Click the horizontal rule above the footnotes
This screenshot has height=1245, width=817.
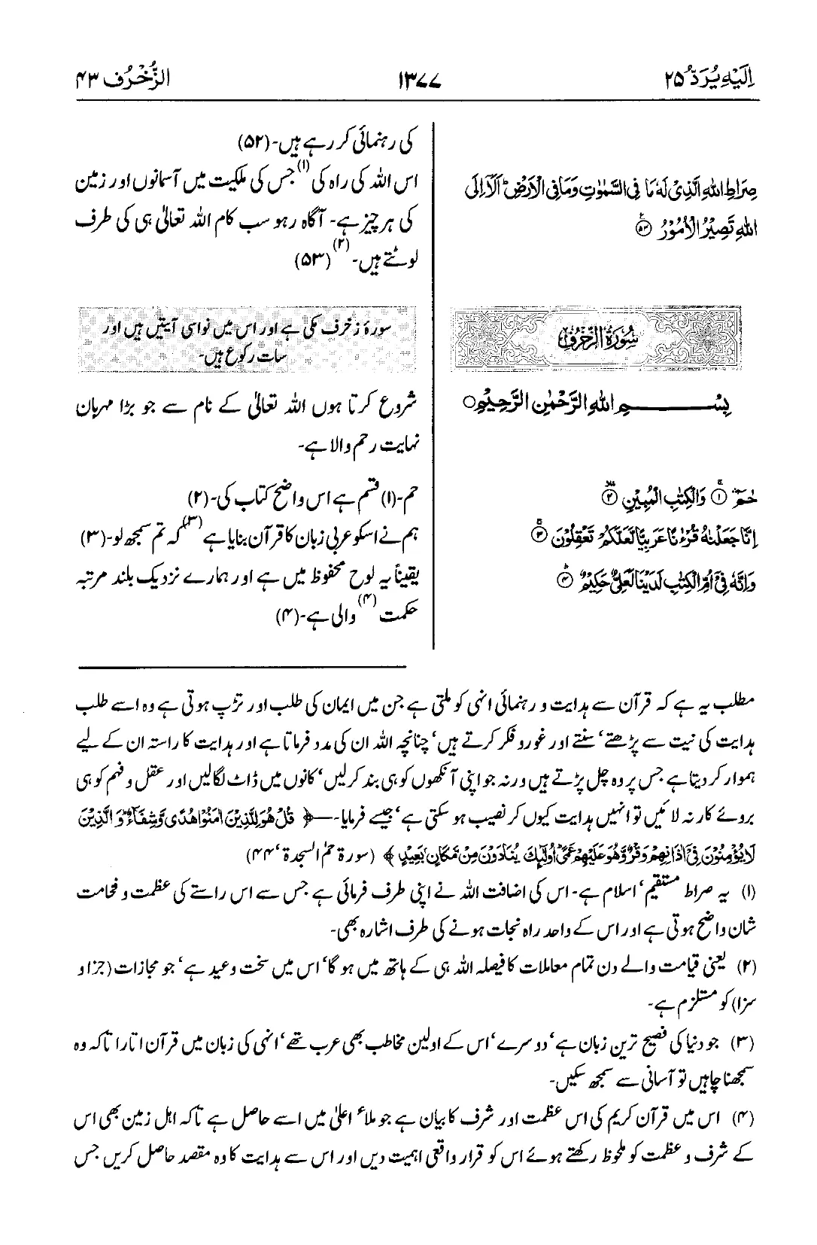tap(241, 667)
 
